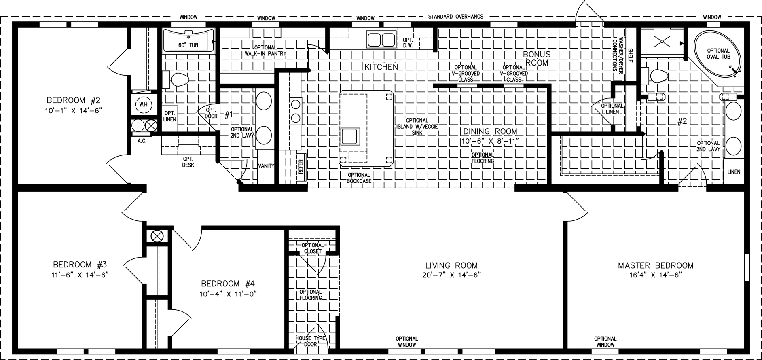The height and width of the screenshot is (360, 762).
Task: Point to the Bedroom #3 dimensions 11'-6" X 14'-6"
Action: tap(80, 275)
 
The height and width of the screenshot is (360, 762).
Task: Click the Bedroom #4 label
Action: tap(228, 284)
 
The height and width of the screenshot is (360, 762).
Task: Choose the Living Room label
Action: tap(451, 265)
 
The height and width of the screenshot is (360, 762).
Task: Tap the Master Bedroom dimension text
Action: tap(655, 275)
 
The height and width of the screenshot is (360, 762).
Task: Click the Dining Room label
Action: tap(490, 131)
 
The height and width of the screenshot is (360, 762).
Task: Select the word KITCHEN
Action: tap(381, 67)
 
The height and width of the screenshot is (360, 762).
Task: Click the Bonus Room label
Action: tap(537, 58)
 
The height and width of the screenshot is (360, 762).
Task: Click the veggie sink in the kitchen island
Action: tap(349, 137)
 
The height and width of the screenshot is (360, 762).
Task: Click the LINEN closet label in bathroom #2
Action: tap(734, 172)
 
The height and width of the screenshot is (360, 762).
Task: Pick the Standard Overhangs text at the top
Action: tap(456, 17)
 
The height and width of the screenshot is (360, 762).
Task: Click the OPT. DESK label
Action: tap(188, 162)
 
